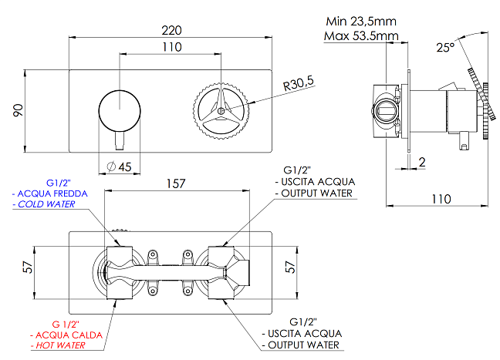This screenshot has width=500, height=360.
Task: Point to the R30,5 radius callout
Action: point(298,83)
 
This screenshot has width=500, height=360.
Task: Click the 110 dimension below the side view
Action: point(441,199)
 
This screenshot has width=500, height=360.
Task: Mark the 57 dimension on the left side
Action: point(28,267)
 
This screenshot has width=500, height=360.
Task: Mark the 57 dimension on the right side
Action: point(290,267)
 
